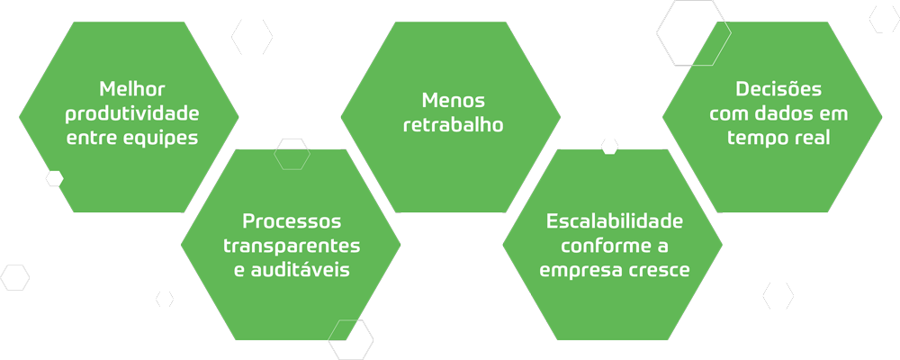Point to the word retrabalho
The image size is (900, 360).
click(x=453, y=124)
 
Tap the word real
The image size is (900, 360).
click(x=808, y=139)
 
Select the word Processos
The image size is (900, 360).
click(x=292, y=220)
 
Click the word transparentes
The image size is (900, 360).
click(x=292, y=245)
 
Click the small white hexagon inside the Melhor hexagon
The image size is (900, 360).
click(x=55, y=178)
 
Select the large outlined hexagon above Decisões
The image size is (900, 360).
click(x=693, y=33)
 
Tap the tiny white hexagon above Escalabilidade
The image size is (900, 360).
click(x=609, y=146)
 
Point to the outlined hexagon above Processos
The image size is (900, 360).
click(x=292, y=154)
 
